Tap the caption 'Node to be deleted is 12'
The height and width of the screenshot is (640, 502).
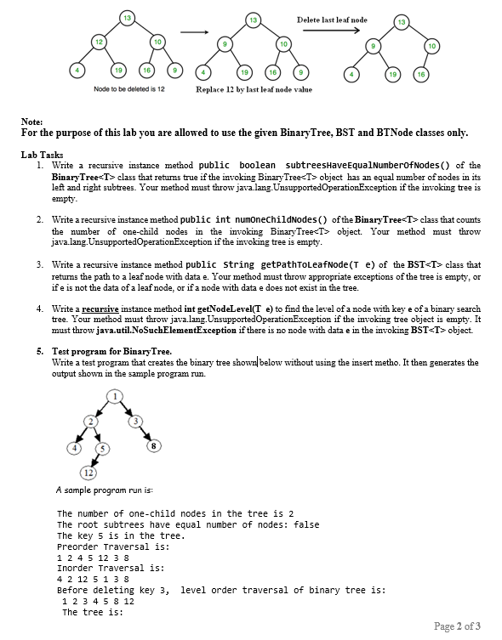128,88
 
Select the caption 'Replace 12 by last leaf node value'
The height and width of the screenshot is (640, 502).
254,89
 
